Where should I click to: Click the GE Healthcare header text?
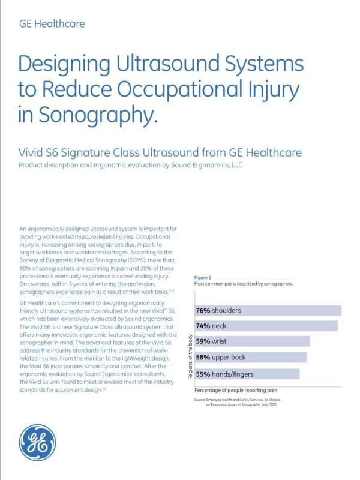(52, 25)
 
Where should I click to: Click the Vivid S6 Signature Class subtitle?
(160, 152)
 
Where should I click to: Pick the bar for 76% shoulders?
(268, 311)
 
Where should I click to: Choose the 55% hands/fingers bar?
(247, 374)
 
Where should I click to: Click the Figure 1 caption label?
(202, 277)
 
